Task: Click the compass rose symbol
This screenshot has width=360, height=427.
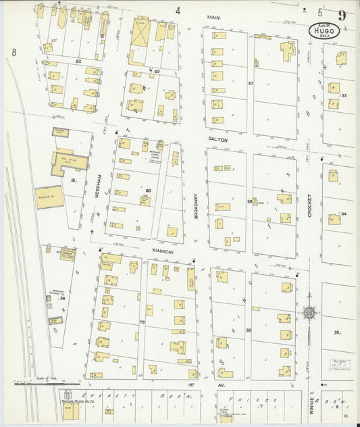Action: (310, 313)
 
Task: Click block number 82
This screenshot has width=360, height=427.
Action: (78, 61)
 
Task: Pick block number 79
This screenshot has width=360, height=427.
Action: (143, 323)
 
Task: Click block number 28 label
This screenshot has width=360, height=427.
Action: (249, 330)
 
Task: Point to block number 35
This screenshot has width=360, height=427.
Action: (336, 332)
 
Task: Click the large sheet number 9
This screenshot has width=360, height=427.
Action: (344, 15)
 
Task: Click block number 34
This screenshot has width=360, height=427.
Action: (343, 214)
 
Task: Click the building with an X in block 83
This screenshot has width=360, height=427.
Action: (140, 32)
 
